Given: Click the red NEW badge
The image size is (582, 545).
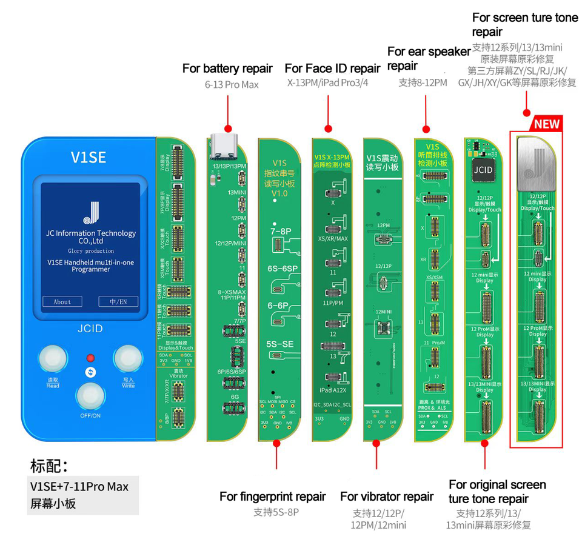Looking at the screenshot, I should pos(546,124).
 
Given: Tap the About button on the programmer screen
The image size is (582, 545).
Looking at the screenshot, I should pos(62,301).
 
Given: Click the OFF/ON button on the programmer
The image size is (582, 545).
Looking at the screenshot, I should pos(90,397).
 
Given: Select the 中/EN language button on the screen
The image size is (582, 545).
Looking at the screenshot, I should pos(118,301).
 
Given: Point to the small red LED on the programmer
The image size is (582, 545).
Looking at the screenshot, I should pos(91,358).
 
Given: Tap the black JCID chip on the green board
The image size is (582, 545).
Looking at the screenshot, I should pos(483,169).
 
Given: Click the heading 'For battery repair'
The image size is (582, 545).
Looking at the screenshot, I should pos(227,69).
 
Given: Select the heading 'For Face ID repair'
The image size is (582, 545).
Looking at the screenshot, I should pos(332,69).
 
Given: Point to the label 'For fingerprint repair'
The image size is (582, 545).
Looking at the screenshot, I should pos(273,497).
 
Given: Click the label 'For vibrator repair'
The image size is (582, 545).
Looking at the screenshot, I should pos(387,497).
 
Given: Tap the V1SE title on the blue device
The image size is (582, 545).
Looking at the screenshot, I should pos(89,158).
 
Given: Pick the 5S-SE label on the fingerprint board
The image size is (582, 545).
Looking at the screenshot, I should pos(278,344).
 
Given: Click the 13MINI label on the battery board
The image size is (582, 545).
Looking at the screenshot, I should pos(237,192).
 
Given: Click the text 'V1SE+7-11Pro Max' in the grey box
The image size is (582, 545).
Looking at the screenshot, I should pos(79,486).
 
